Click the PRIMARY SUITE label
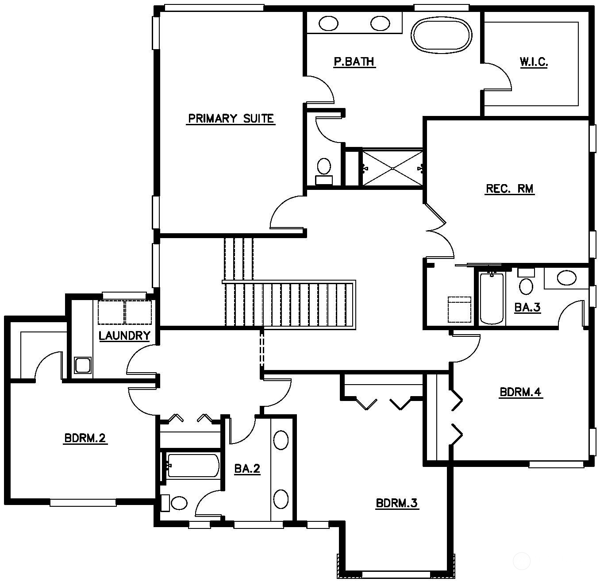231,119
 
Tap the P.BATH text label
354,62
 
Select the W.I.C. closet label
534,62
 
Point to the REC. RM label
510,189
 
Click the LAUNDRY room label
124,335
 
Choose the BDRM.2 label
85,438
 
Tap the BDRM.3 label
397,503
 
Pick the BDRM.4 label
521,392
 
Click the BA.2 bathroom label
247,469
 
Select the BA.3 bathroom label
527,307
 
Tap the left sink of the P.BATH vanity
328,23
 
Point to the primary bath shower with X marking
392,168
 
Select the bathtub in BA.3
491,298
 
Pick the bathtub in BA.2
193,466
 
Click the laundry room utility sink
83,366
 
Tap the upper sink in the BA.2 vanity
281,440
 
